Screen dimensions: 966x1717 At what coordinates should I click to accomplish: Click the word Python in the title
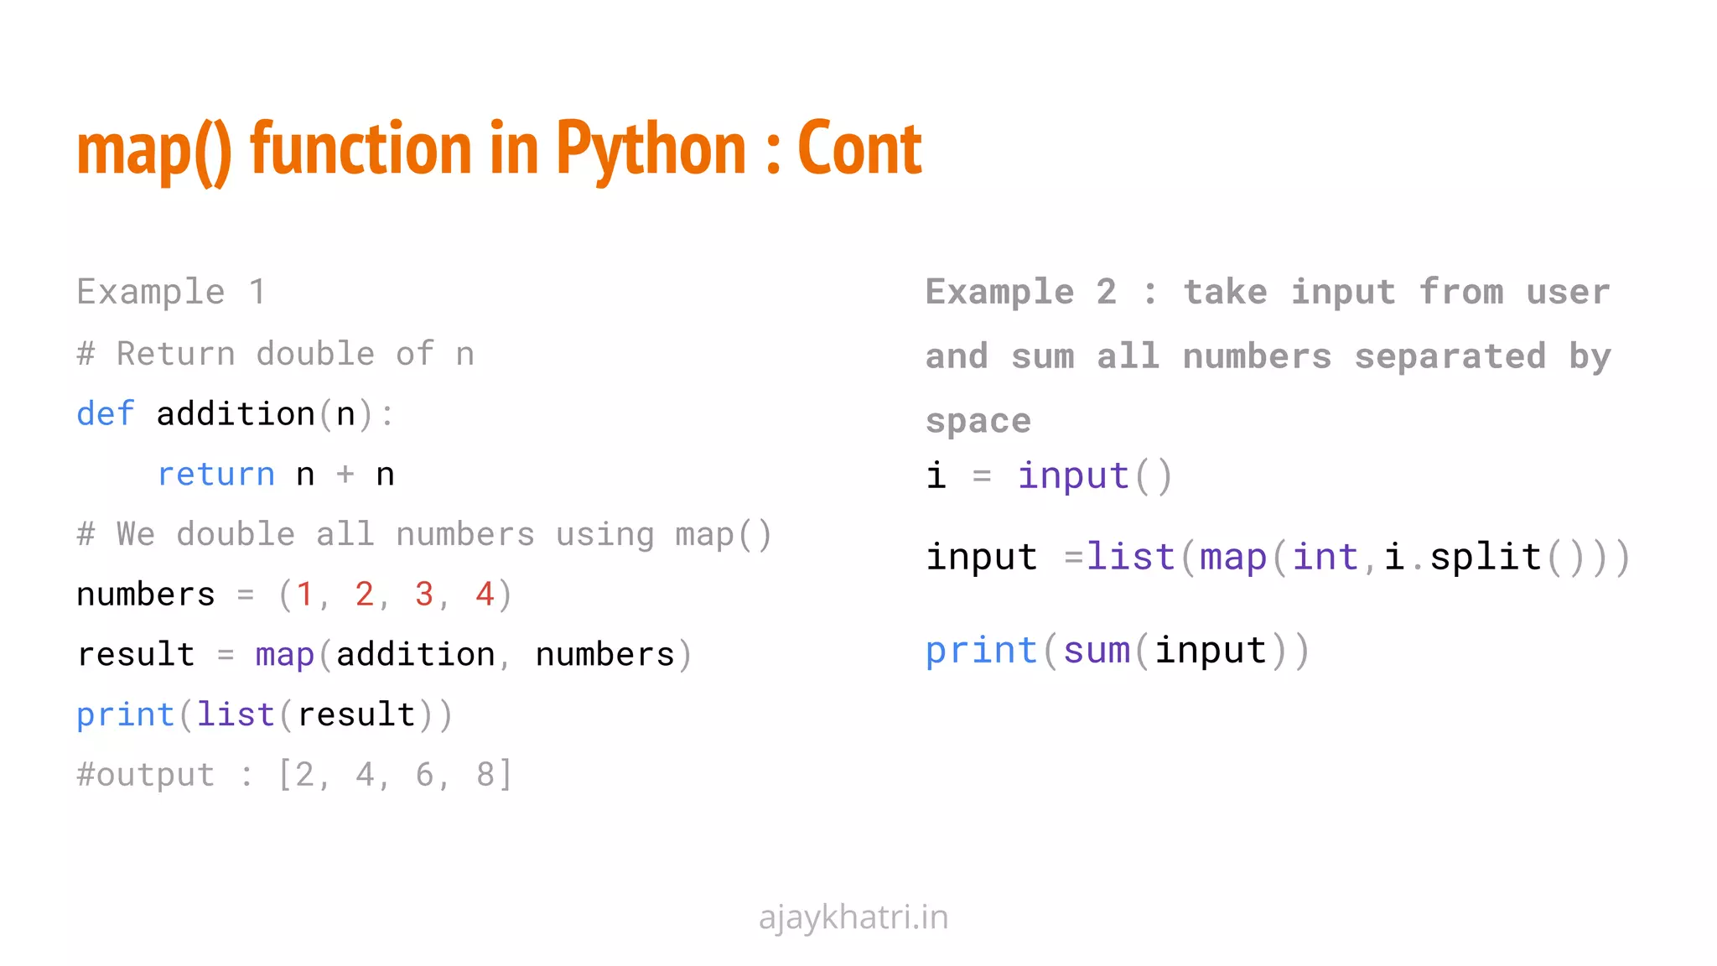[651, 149]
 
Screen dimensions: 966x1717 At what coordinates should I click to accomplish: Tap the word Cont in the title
[859, 149]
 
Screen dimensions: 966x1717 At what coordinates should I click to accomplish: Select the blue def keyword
[106, 414]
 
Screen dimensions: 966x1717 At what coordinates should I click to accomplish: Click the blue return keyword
[216, 475]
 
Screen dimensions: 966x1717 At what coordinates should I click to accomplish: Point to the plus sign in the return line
[345, 475]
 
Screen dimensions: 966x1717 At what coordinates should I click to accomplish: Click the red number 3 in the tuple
[424, 595]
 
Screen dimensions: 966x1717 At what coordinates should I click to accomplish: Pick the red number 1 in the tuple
[303, 595]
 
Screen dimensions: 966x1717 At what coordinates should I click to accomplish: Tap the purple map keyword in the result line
[284, 655]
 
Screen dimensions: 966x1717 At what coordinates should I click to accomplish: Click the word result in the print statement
[356, 715]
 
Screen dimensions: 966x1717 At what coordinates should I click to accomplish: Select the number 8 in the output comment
[485, 775]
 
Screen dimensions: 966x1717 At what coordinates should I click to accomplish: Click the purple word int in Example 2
[1325, 558]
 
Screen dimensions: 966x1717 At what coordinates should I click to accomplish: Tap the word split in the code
[1486, 558]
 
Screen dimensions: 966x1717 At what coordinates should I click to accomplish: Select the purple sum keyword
[1097, 651]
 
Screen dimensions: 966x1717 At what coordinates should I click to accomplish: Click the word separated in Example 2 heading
[1450, 356]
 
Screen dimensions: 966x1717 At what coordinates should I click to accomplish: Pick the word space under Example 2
[978, 421]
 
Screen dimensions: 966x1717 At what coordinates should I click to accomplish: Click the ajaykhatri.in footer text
[853, 917]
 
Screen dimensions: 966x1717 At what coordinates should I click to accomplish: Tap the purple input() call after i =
[1073, 476]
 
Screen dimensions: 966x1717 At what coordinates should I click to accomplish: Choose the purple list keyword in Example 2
[1131, 558]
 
